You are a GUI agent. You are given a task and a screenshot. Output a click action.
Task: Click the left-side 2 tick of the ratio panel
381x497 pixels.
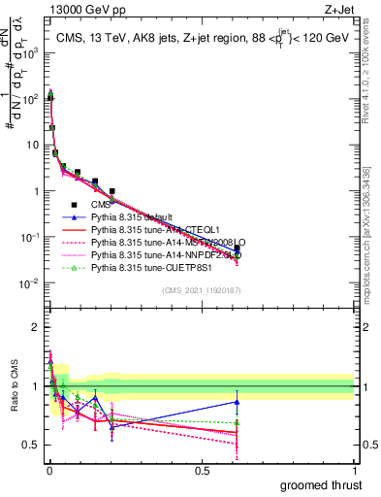35,327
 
